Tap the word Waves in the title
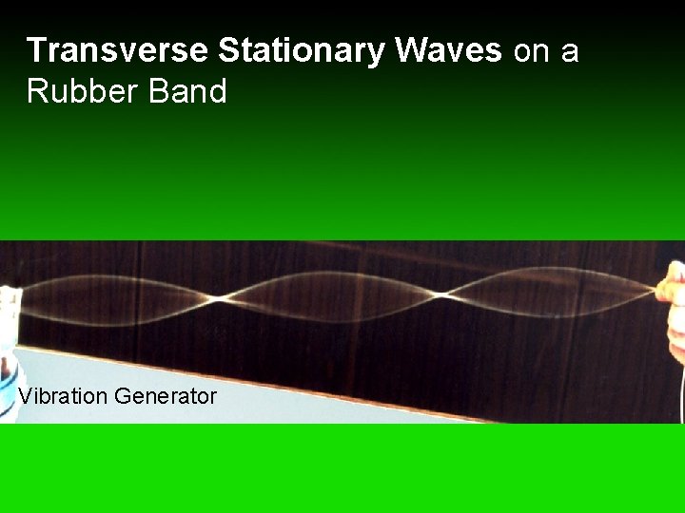(448, 50)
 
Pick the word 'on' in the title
(532, 51)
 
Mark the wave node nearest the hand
(443, 294)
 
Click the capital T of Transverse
(35, 50)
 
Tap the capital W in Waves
(410, 50)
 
